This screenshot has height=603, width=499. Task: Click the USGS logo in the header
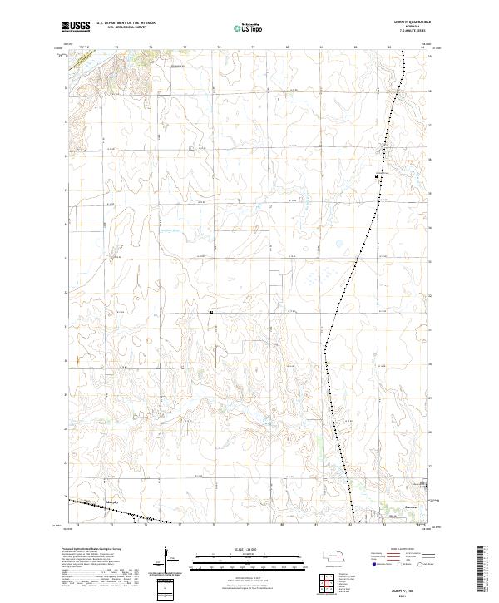point(77,27)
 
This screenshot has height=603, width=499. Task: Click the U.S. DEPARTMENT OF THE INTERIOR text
point(126,22)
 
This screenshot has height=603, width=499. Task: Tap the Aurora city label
point(386,504)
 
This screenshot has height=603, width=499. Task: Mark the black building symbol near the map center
point(212,312)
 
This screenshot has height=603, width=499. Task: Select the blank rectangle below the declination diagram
point(166,589)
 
